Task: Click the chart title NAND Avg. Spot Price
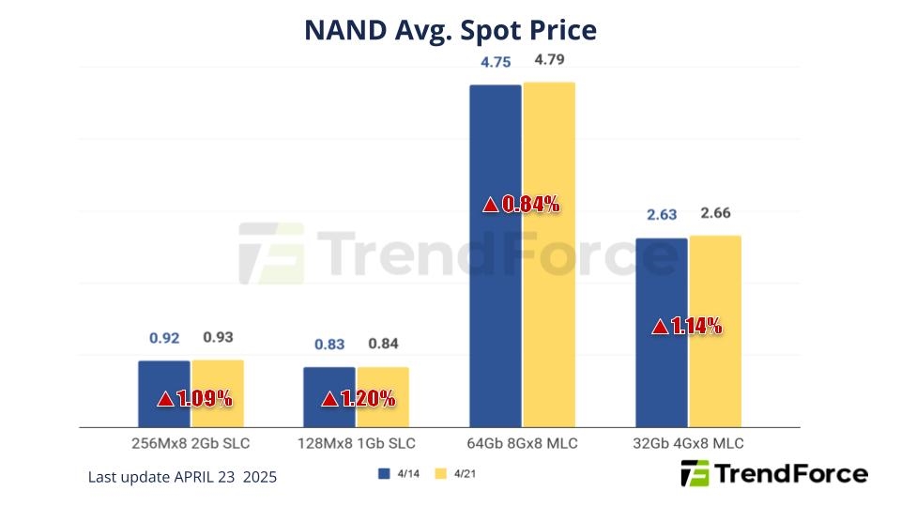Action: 450,30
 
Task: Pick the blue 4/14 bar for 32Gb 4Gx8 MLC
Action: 662,282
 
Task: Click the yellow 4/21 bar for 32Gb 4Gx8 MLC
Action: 715,282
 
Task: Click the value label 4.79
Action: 549,61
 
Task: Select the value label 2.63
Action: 662,216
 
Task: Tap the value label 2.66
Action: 715,214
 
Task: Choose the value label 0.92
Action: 164,339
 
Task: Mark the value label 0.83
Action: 329,345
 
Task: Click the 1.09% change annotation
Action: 194,399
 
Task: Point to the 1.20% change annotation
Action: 359,399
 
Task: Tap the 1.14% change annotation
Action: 687,327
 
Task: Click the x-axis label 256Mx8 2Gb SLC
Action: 191,443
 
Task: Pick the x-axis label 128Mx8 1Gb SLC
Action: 356,443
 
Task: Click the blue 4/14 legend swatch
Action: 383,474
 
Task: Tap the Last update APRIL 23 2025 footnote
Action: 182,477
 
